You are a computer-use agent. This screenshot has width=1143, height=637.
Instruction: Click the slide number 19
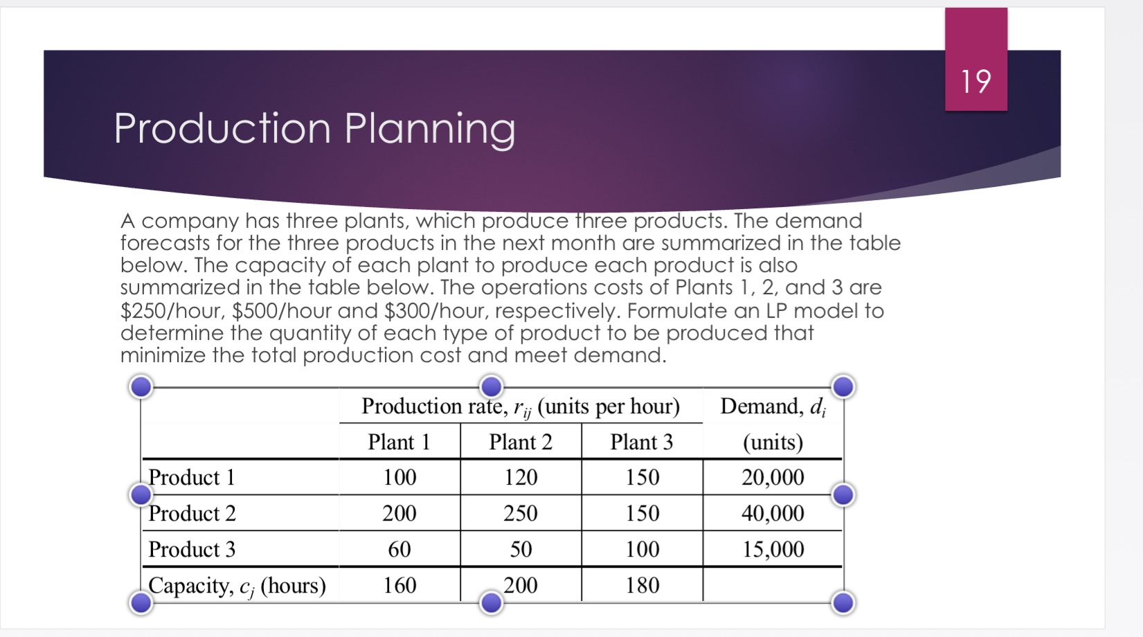[x=975, y=82]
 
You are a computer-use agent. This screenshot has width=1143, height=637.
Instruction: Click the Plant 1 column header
[x=399, y=442]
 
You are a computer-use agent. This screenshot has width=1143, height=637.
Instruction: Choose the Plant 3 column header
[x=641, y=442]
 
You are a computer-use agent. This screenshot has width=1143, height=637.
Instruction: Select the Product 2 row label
[x=192, y=513]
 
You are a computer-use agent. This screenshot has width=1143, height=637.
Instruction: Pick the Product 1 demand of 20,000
[x=773, y=477]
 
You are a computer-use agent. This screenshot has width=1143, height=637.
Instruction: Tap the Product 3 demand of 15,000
[x=773, y=549]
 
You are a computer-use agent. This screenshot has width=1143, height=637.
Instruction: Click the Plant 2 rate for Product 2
[x=520, y=513]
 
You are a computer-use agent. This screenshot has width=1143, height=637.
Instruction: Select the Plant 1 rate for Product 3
[x=399, y=549]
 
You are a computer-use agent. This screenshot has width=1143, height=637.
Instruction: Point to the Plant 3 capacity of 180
[x=642, y=585]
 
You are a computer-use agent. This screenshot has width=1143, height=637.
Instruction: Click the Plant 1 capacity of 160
[x=399, y=585]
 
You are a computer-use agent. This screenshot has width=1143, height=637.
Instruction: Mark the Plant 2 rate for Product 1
[x=520, y=477]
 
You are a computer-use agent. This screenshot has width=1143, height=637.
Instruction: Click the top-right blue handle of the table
[x=843, y=386]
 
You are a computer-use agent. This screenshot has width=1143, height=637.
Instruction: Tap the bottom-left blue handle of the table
[x=141, y=602]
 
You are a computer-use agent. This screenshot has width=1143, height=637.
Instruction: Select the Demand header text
[x=773, y=406]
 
